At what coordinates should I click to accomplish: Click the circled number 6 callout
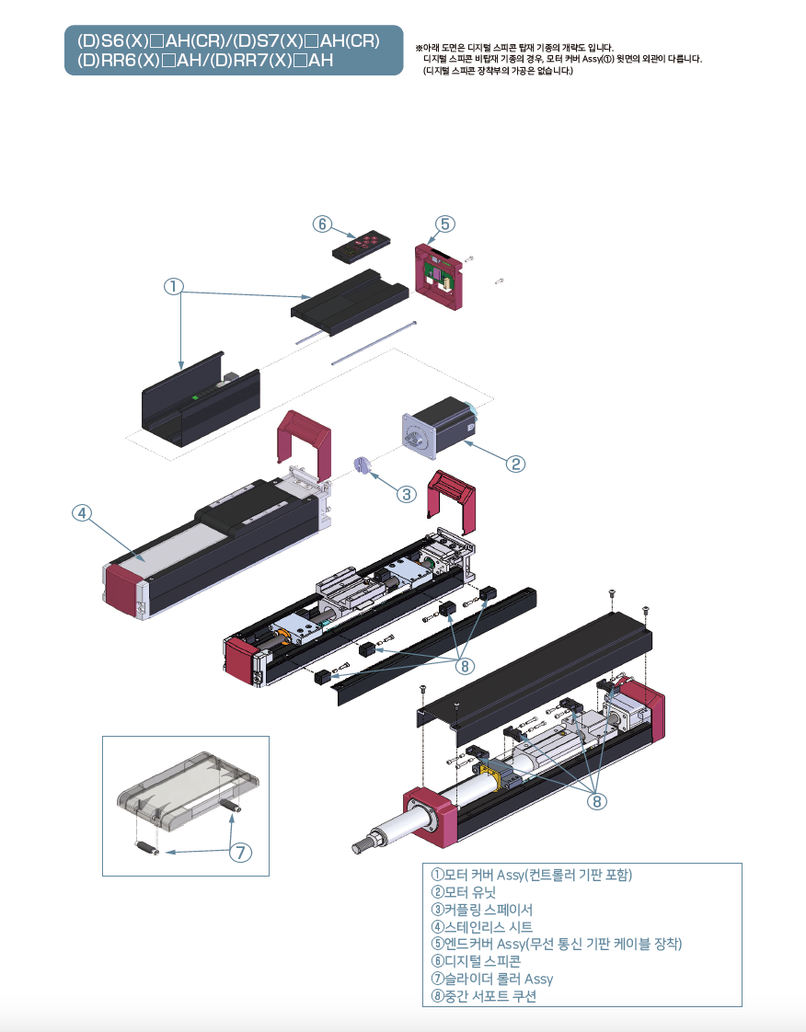(321, 224)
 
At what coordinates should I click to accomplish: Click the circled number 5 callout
(445, 224)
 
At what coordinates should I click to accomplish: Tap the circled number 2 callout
(516, 464)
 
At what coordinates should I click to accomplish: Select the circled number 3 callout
(407, 494)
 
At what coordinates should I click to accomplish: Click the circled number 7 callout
(240, 853)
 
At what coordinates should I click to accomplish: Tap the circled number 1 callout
(173, 286)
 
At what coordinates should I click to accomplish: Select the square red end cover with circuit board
(441, 273)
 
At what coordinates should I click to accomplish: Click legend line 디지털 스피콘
(475, 961)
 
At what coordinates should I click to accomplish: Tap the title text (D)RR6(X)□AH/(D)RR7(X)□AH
(205, 61)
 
